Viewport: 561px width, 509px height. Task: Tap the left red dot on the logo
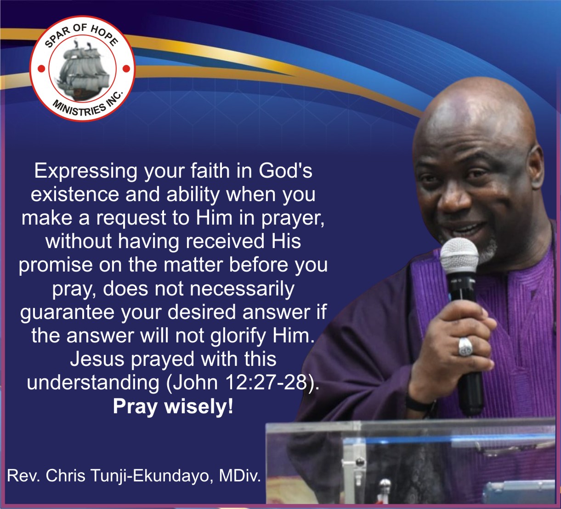[41, 69]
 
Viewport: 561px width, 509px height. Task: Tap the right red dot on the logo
[126, 69]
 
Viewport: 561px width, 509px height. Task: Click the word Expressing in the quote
[86, 172]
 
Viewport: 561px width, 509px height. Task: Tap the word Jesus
[97, 359]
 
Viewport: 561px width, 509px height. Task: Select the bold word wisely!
[199, 407]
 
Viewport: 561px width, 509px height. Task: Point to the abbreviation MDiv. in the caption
[240, 476]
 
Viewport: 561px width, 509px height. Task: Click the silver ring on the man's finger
[465, 347]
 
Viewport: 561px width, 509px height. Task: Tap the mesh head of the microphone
[459, 255]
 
